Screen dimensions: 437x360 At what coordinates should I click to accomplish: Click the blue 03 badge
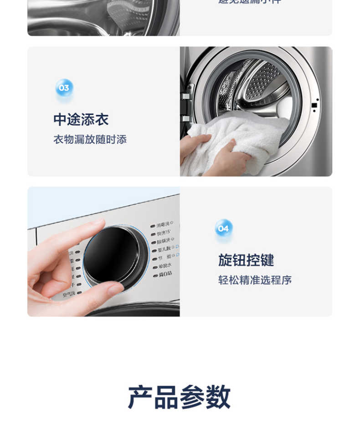(64, 88)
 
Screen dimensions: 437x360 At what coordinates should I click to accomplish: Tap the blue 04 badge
(223, 229)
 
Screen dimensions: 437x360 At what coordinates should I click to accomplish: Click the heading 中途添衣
(81, 120)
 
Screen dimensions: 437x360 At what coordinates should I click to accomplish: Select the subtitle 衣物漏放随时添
(90, 140)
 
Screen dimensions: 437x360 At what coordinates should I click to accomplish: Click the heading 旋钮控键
(246, 260)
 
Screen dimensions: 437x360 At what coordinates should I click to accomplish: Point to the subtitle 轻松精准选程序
(255, 280)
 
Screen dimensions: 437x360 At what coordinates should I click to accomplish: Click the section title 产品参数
(179, 397)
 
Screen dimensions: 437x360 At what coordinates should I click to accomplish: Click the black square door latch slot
(314, 105)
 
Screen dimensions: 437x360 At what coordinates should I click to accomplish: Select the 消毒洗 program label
(163, 224)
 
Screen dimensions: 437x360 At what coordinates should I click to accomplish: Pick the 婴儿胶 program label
(164, 249)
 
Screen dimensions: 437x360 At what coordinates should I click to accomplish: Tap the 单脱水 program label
(165, 265)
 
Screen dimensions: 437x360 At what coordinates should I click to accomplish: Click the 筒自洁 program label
(165, 274)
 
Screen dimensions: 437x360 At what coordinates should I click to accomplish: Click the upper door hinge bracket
(185, 96)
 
